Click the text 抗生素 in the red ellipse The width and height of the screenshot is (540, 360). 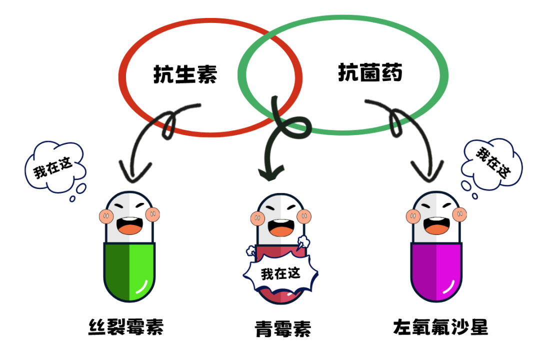[185, 75]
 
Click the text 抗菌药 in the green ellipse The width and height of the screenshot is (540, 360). [370, 73]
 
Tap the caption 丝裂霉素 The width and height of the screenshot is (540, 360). [126, 327]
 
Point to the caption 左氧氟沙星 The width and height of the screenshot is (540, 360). [440, 327]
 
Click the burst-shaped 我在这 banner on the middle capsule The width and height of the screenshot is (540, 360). [280, 274]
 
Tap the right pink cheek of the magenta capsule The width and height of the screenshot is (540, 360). [459, 215]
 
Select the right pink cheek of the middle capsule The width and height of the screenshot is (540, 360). [303, 216]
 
